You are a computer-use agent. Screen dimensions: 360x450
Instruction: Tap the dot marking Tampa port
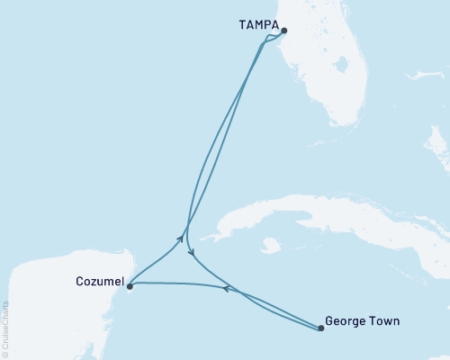pyautogui.click(x=282, y=31)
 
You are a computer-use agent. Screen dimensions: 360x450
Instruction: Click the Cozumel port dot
pyautogui.click(x=130, y=287)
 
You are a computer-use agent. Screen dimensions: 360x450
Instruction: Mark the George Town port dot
pyautogui.click(x=321, y=328)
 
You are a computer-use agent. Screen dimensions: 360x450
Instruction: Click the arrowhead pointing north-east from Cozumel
pyautogui.click(x=181, y=238)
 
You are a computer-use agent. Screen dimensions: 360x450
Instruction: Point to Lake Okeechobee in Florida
pyautogui.click(x=339, y=66)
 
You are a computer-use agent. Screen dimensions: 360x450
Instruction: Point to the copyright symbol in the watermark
pyautogui.click(x=5, y=355)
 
